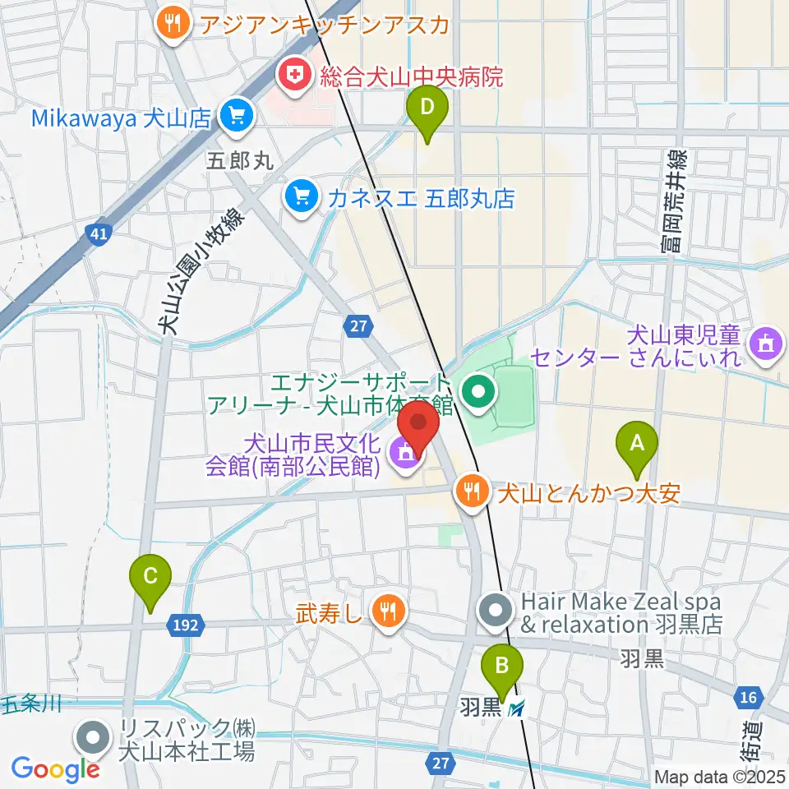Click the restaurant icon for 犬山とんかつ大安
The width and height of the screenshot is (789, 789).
point(472,492)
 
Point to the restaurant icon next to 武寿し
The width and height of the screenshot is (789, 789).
point(386,610)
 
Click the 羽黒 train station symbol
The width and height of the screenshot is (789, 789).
point(516,707)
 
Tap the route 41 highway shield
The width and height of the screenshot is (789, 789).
point(99,235)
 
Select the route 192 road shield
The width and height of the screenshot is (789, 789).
point(186,625)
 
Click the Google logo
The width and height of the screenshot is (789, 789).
point(54,768)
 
